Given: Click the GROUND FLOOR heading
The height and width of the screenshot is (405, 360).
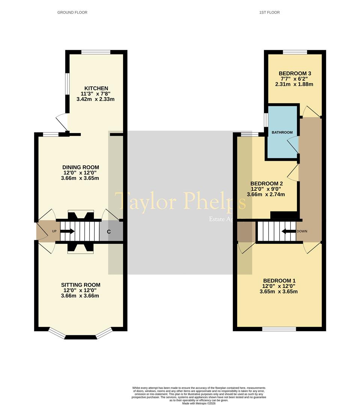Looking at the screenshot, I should click(72, 12).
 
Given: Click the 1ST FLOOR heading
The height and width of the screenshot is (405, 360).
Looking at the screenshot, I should click(269, 12).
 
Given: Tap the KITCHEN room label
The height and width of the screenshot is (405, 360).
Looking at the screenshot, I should click(96, 88).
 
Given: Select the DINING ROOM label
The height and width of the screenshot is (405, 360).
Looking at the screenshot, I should click(81, 167).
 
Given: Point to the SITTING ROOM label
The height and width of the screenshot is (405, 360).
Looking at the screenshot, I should click(81, 285).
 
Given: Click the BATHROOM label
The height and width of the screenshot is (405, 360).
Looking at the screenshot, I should click(282, 132).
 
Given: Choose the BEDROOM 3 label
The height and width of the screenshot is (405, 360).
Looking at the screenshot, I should click(295, 73).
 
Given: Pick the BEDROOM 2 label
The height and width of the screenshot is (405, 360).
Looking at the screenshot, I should click(267, 184).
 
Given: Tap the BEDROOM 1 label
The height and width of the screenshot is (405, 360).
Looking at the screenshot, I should click(279, 280).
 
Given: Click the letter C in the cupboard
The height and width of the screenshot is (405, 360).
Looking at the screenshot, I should click(109, 232).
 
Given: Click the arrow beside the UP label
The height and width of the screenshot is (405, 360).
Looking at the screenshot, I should click(68, 231).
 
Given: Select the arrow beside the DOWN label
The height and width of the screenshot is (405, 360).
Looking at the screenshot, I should click(288, 231).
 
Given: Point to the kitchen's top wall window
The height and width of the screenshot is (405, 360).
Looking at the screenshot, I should click(96, 52).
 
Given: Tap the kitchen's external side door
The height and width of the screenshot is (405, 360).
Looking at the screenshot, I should click(62, 122).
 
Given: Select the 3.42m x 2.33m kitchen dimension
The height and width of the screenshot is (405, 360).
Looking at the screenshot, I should click(95, 99).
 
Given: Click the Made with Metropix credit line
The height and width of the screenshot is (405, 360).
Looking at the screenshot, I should click(199, 403).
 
